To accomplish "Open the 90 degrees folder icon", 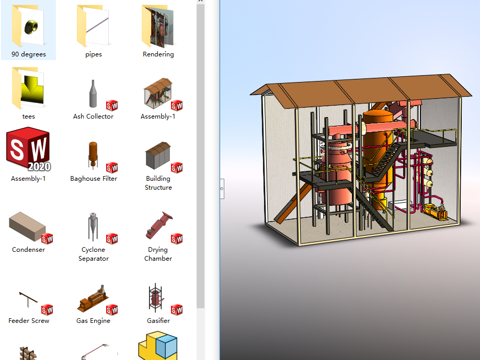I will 29,26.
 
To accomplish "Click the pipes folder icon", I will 93,26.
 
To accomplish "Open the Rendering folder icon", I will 158,26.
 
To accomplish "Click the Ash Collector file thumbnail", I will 93,94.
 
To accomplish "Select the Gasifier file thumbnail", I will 158,299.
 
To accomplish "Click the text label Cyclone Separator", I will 94,254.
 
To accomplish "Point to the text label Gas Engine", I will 93,321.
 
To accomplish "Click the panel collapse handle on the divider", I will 222,188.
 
